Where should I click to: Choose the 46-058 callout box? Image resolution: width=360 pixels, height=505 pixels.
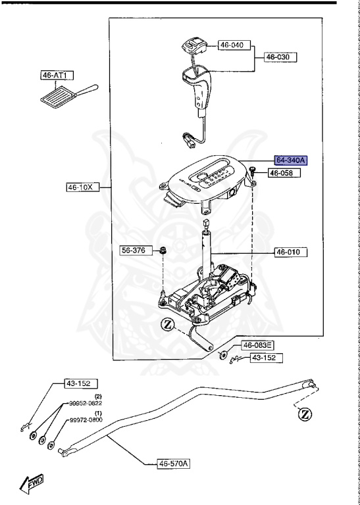284,173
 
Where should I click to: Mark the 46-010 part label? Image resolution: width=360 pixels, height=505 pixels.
290,252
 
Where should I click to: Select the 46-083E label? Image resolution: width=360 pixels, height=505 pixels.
258,345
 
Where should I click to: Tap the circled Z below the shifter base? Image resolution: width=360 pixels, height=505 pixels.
167,324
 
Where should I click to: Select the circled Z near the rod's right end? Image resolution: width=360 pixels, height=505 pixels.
304,414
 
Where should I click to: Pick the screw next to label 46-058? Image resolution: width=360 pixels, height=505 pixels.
253,171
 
